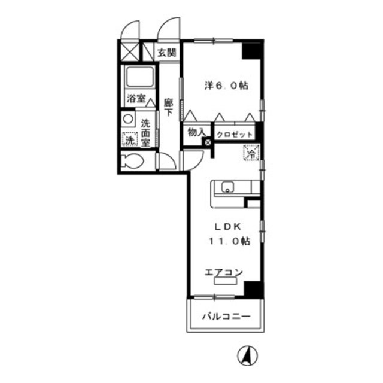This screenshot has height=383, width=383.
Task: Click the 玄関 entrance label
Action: click(x=167, y=53)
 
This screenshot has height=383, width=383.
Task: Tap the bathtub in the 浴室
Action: click(x=139, y=77)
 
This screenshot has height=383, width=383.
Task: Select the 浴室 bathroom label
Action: click(x=136, y=99)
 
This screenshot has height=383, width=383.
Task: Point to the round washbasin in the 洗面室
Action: click(x=128, y=119)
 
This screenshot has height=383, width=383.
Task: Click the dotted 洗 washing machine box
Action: click(x=130, y=139)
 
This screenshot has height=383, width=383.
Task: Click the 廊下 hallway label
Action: click(x=168, y=107)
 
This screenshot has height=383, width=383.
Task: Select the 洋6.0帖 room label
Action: click(x=226, y=86)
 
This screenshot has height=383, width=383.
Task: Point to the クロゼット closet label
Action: click(x=234, y=135)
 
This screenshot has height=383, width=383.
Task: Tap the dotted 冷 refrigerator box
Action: click(x=251, y=153)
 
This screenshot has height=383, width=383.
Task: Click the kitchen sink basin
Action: click(x=227, y=188)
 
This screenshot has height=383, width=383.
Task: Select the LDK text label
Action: click(x=228, y=227)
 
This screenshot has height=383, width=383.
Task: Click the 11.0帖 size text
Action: click(x=229, y=241)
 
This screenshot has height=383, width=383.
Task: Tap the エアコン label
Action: click(x=224, y=272)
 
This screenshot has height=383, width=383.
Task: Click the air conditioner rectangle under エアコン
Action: click(x=225, y=281)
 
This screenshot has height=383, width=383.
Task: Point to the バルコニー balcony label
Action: click(x=226, y=317)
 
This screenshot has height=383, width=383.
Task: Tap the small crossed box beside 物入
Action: click(x=208, y=142)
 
